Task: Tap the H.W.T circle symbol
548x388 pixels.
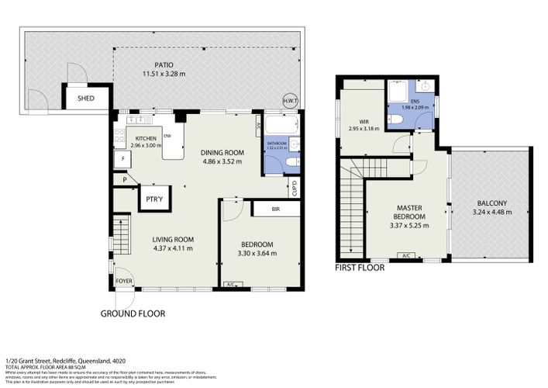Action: (x=290, y=101)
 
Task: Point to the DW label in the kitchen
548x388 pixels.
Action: (x=167, y=135)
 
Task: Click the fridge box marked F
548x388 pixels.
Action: (x=122, y=160)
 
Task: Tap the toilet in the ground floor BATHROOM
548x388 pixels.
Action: (x=291, y=161)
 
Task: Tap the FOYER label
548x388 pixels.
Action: (x=122, y=281)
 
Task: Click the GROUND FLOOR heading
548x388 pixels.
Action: (x=133, y=314)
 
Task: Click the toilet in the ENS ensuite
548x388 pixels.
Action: (x=395, y=119)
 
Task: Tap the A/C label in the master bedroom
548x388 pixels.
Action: (x=404, y=255)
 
